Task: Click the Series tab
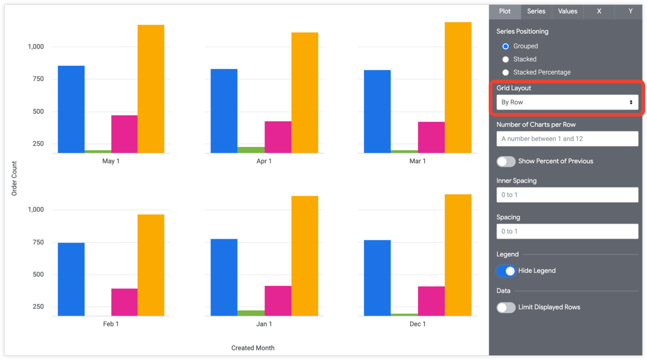536,12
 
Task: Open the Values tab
567,12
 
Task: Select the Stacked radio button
505,59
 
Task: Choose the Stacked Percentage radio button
505,72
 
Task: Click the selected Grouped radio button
505,46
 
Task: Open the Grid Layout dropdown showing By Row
566,102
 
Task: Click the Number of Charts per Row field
566,139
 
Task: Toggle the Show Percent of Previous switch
506,161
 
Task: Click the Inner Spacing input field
566,195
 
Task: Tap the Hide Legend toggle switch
506,271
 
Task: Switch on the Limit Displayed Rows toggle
506,308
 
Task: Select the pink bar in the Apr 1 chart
278,137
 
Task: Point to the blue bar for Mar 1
377,111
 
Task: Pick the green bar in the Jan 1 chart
251,313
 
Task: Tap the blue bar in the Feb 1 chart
71,279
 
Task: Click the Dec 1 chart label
417,324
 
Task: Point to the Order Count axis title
14,178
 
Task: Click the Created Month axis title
253,348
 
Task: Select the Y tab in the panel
630,12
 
